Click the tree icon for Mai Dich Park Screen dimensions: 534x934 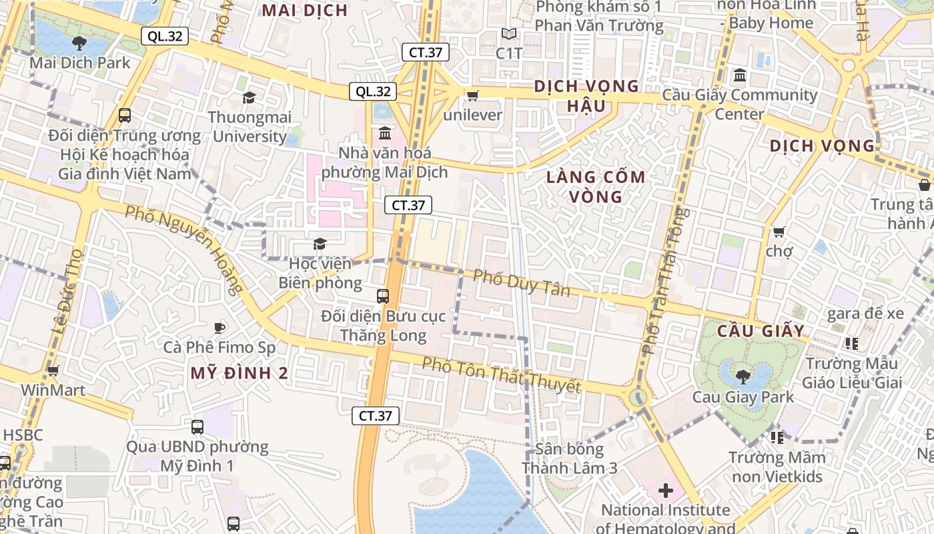79,43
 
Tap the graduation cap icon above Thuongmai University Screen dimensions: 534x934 249,98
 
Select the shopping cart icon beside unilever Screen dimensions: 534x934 472,95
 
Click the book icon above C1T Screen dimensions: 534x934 509,34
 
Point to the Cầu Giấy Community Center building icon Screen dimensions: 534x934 740,75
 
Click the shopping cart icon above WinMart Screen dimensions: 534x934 53,370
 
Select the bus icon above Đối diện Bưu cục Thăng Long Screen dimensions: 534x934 383,296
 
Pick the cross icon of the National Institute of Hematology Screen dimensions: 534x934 665,491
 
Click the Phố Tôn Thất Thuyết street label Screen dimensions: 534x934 501,374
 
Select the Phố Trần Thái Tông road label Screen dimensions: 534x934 662,280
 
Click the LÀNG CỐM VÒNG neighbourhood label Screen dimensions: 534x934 596,187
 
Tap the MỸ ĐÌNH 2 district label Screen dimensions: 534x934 240,373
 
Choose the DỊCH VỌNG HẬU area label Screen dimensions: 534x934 586,96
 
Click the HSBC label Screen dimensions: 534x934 23,435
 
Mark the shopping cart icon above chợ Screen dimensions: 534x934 778,232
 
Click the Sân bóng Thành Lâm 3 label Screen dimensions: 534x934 570,459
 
